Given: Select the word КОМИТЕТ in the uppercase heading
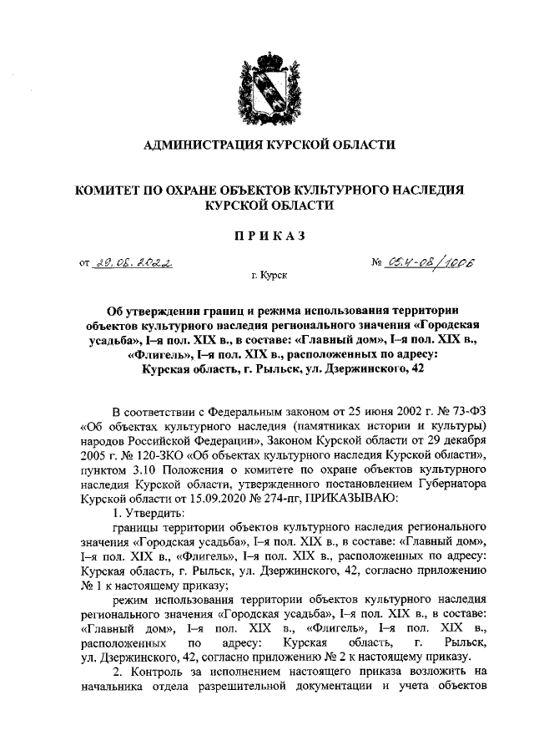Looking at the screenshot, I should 110,190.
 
